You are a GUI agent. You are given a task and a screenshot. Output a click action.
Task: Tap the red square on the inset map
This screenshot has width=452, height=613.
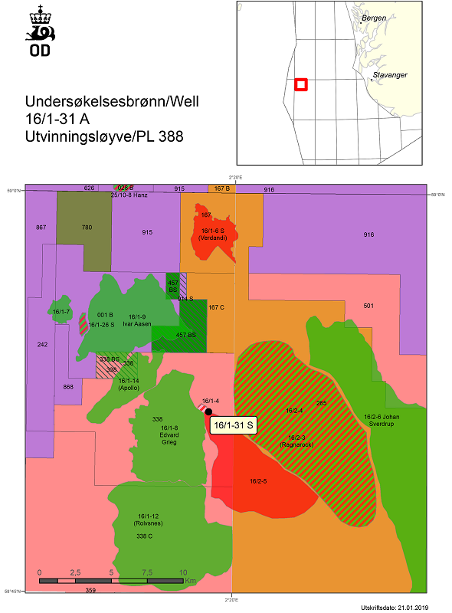pos(301,84)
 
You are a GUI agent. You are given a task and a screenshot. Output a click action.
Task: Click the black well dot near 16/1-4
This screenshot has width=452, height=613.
pos(208,411)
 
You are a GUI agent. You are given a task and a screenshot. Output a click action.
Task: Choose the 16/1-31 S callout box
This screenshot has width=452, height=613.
pos(234,426)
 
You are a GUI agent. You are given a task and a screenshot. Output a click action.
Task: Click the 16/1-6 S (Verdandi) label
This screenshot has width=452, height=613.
pos(214,234)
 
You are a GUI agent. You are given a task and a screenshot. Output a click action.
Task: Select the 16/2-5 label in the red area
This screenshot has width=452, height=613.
pos(258,481)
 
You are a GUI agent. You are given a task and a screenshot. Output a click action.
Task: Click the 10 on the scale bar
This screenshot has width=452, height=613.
pos(183,572)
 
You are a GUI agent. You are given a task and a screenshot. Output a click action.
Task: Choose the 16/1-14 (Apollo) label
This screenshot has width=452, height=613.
pos(129,384)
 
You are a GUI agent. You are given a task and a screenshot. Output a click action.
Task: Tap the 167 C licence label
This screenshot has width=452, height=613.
pos(216,307)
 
